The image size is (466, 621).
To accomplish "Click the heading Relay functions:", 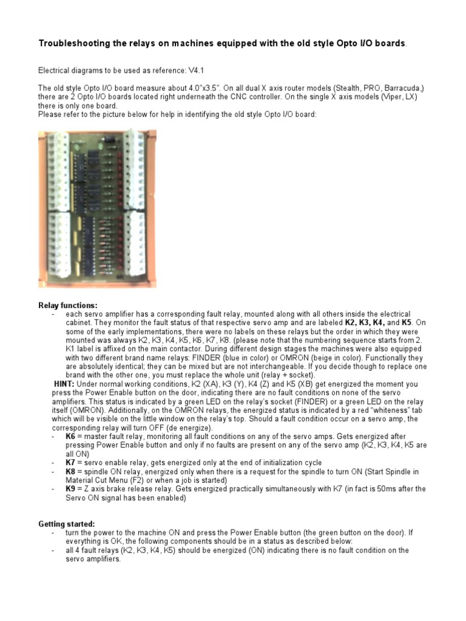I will [x=67, y=305].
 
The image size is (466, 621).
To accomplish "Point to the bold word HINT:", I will [x=64, y=384].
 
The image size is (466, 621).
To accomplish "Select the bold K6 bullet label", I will [x=71, y=437].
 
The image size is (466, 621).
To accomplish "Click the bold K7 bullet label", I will [x=71, y=463].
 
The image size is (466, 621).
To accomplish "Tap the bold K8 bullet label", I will [x=71, y=471].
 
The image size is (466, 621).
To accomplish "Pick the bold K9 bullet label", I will [x=71, y=489].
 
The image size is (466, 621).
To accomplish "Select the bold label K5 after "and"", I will [x=406, y=323].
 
